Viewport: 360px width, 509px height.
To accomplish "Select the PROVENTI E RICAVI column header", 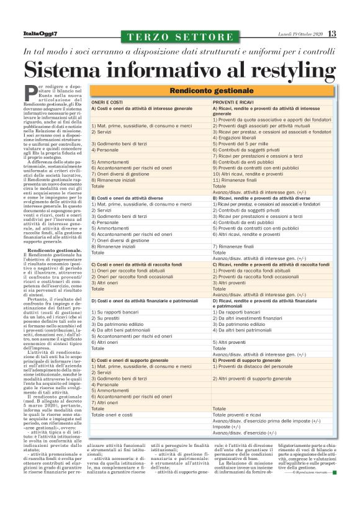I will tap(233, 102).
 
